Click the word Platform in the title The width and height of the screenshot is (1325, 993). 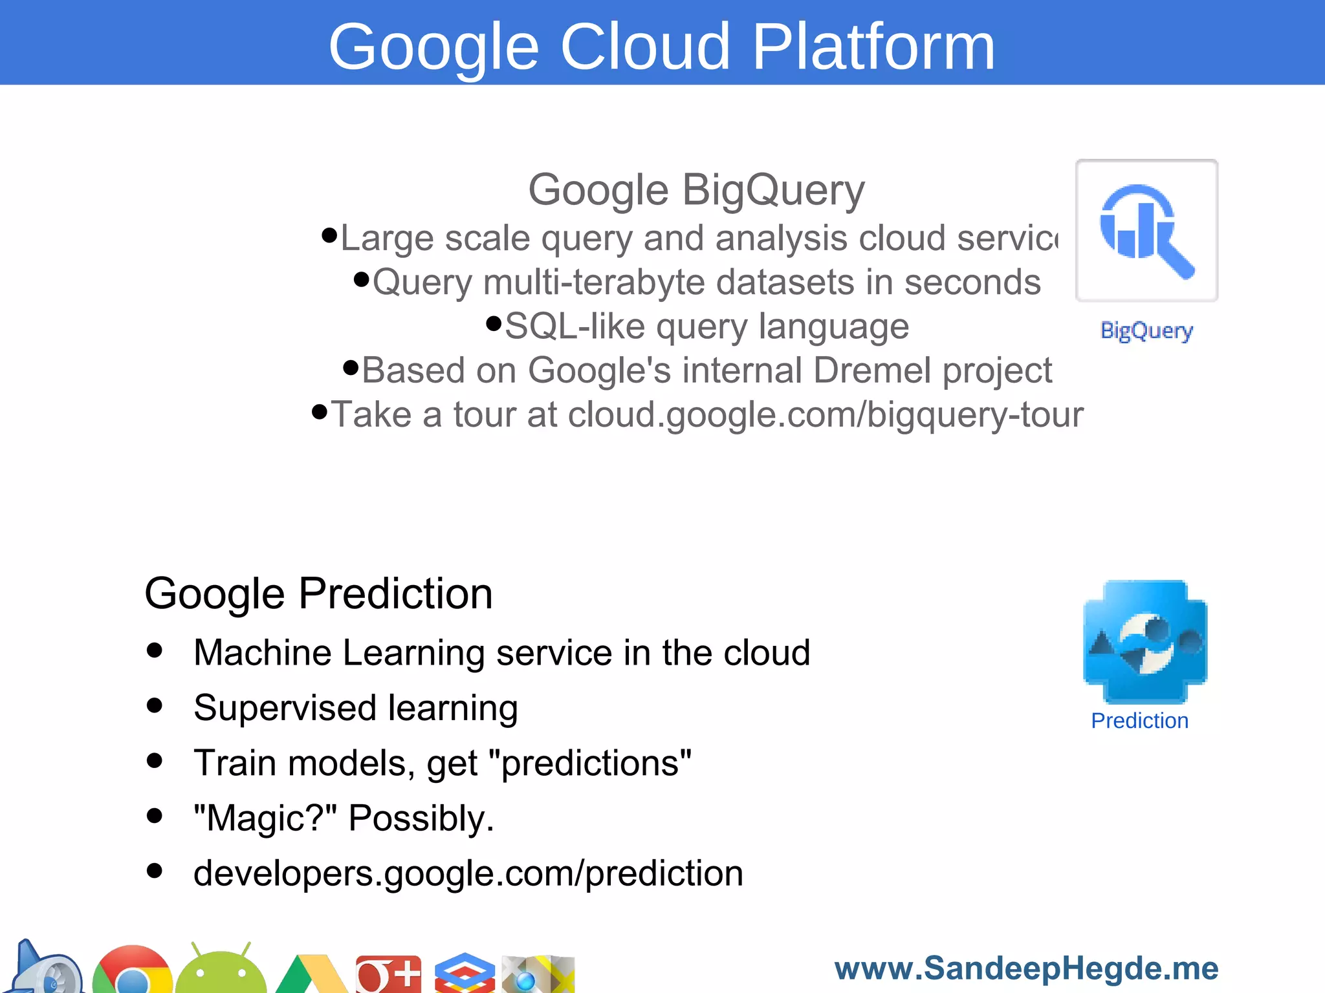pyautogui.click(x=873, y=47)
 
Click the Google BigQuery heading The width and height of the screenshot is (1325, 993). pyautogui.click(x=696, y=190)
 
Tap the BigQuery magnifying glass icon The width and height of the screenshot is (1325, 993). pyautogui.click(x=1146, y=231)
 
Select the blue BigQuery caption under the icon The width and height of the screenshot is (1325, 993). pyautogui.click(x=1146, y=330)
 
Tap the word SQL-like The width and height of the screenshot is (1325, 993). pyautogui.click(x=575, y=326)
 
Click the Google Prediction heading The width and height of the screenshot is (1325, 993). pyautogui.click(x=318, y=593)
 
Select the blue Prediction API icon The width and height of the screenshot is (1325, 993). pyautogui.click(x=1145, y=641)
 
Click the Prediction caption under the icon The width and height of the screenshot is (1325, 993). pyautogui.click(x=1139, y=721)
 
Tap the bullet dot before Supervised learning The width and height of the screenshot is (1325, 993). pyautogui.click(x=155, y=705)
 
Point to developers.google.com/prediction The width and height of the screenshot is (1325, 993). pyautogui.click(x=468, y=873)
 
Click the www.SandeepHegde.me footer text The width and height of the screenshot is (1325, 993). pyautogui.click(x=1026, y=968)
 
